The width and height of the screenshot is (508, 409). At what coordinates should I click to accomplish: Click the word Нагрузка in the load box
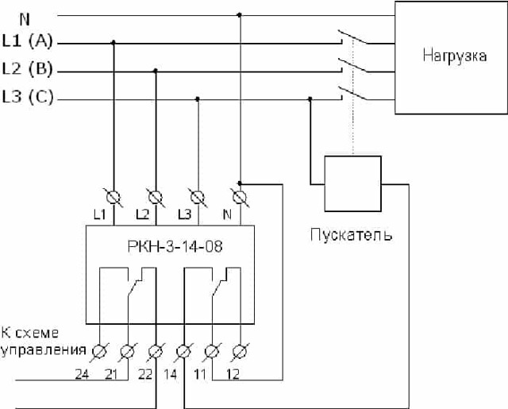point(454,56)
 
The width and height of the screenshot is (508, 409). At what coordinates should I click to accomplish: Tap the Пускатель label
point(351,234)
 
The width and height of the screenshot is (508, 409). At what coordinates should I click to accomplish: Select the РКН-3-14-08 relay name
point(175,246)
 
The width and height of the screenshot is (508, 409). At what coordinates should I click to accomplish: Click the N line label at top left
point(25,19)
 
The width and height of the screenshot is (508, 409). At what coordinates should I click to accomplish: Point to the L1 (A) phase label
point(27,41)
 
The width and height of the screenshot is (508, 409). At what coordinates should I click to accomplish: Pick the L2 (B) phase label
point(27,69)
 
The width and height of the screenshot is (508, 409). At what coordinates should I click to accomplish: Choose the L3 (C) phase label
point(28,97)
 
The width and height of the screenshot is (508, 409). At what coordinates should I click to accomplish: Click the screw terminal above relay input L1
point(114,198)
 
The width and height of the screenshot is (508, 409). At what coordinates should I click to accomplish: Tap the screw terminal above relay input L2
point(156,198)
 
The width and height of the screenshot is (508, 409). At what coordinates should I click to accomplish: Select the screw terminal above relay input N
point(240,198)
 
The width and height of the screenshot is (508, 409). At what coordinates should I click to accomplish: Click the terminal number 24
point(82,374)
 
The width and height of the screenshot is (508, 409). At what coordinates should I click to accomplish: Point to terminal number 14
point(170,374)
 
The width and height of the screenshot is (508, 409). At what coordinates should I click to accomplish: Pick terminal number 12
point(233,374)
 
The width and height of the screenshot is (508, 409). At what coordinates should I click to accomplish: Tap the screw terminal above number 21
point(127,352)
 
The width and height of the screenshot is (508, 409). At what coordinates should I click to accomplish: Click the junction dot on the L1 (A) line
point(113,42)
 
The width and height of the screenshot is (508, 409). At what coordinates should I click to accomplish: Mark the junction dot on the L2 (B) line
point(156,71)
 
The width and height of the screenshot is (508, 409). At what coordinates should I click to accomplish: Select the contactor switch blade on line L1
point(352,37)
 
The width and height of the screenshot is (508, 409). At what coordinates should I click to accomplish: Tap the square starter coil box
point(352,183)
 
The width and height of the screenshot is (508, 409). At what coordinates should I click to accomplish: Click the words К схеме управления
point(44,341)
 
